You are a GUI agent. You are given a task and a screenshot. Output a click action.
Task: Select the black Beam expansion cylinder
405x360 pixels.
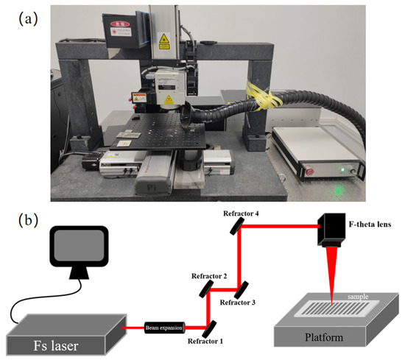point(166,325)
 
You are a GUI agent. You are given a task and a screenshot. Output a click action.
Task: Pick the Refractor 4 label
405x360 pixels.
point(244,213)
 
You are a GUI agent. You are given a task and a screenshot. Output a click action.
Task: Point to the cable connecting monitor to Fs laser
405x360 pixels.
point(29,302)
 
